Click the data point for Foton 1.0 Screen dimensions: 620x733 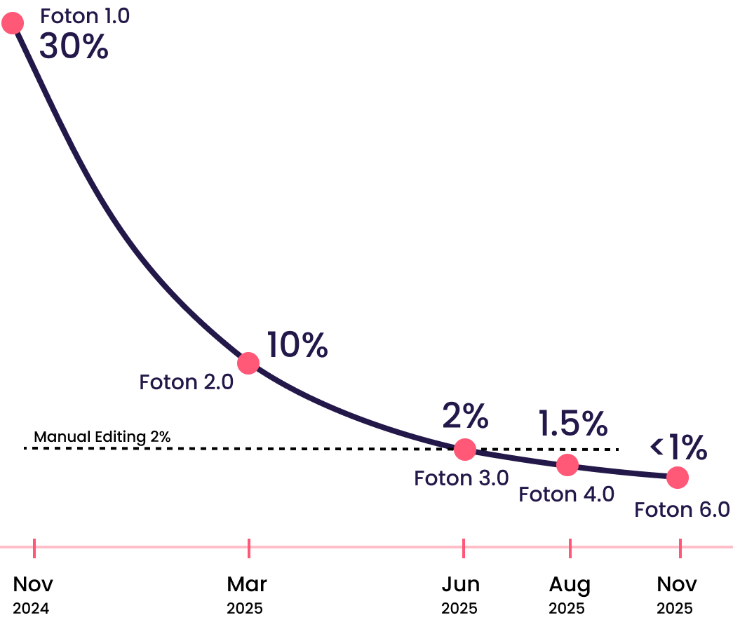coord(13,23)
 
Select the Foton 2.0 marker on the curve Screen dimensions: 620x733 coord(248,363)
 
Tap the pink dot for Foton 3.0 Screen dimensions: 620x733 coord(464,449)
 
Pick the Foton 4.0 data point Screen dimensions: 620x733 coord(567,464)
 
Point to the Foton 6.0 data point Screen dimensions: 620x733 coord(677,478)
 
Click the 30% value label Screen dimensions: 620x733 coord(74,46)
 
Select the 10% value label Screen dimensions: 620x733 coord(297,345)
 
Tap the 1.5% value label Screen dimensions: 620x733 coord(572,423)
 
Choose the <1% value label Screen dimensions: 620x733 coord(678,446)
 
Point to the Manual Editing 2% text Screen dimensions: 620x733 coord(102,436)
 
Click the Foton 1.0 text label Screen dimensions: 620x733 coord(85,16)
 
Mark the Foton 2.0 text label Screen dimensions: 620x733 coord(186,382)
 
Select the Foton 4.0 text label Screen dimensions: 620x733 coord(566,494)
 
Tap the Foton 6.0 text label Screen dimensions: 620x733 coord(682,509)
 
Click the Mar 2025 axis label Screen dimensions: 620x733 coord(247,594)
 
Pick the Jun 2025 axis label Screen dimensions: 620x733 coord(460,594)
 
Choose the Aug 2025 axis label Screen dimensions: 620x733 coord(569,594)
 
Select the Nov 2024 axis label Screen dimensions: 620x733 coord(32,594)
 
